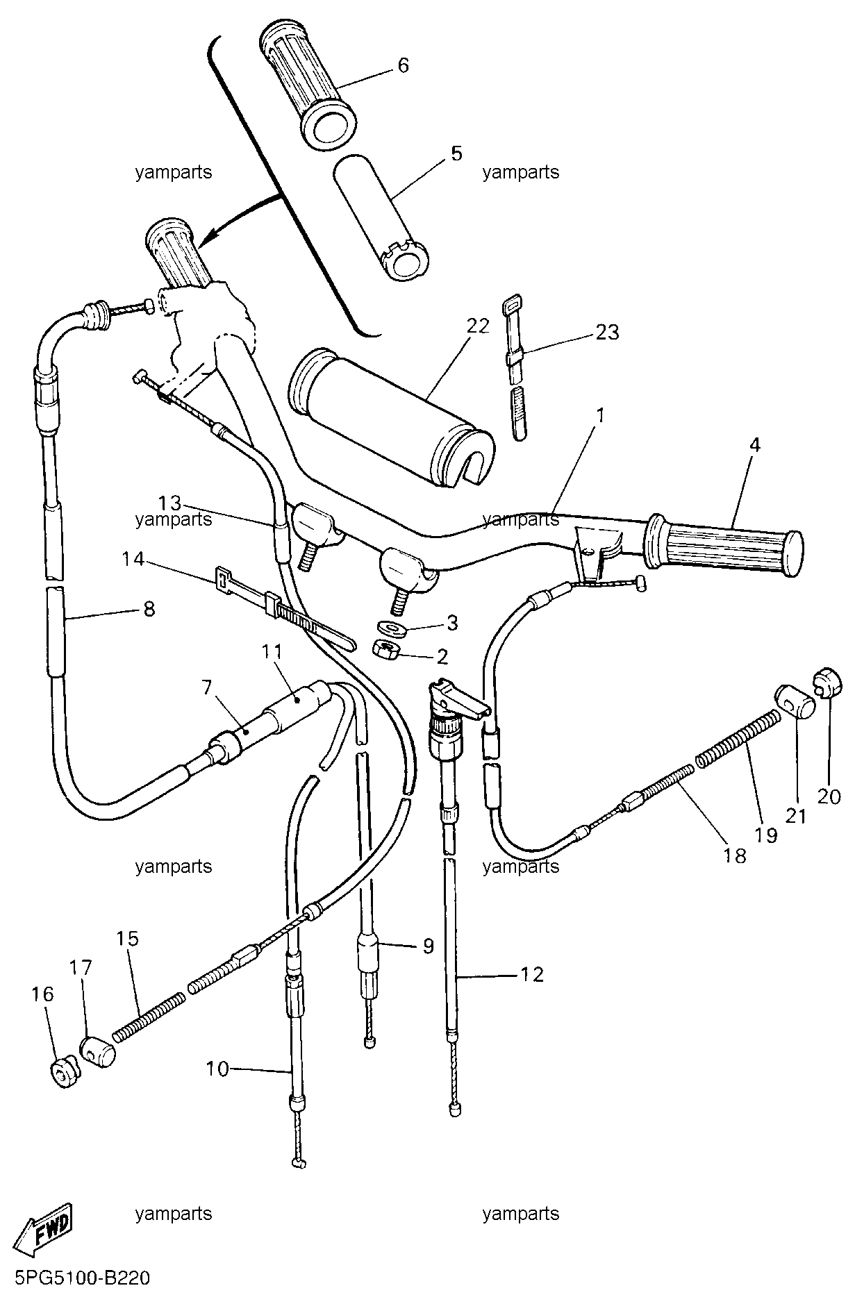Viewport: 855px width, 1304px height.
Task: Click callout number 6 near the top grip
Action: (x=403, y=65)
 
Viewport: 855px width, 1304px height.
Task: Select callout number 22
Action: (x=478, y=325)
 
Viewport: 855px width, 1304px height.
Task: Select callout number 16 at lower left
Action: (x=42, y=994)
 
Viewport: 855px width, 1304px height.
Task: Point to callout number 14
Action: (x=133, y=558)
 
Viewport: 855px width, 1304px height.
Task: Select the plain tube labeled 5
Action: (x=381, y=217)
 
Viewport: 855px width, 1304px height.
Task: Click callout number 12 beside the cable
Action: (x=533, y=974)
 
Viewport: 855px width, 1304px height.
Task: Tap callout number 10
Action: (x=217, y=1069)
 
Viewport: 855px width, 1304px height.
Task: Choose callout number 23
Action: (x=608, y=332)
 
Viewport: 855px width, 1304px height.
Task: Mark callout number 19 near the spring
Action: (x=767, y=834)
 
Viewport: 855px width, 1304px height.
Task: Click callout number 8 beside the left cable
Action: (x=149, y=609)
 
